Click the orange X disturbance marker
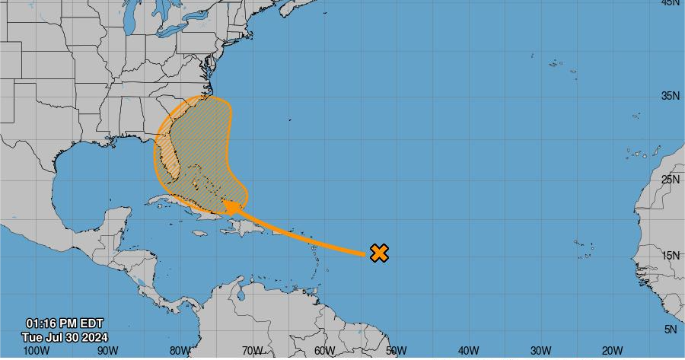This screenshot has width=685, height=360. pyautogui.click(x=379, y=253)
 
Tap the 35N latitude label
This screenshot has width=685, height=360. pyautogui.click(x=669, y=96)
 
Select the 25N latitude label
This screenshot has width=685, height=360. pyautogui.click(x=669, y=180)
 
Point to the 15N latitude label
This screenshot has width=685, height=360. pyautogui.click(x=669, y=256)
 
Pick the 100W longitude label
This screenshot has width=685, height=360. pyautogui.click(x=36, y=351)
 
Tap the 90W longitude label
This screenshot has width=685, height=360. pyautogui.click(x=108, y=351)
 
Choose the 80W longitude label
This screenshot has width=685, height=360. pyautogui.click(x=180, y=351)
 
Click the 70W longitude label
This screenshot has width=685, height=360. pyautogui.click(x=252, y=351)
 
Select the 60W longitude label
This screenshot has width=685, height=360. pyautogui.click(x=324, y=351)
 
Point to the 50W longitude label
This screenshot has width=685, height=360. pyautogui.click(x=397, y=351)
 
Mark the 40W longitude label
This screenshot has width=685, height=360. pyautogui.click(x=469, y=351)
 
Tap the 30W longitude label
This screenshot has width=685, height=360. pyautogui.click(x=541, y=351)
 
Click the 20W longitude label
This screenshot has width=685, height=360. pyautogui.click(x=613, y=351)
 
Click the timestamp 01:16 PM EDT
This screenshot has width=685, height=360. pyautogui.click(x=65, y=323)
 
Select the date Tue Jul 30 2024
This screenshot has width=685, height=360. pyautogui.click(x=65, y=336)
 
